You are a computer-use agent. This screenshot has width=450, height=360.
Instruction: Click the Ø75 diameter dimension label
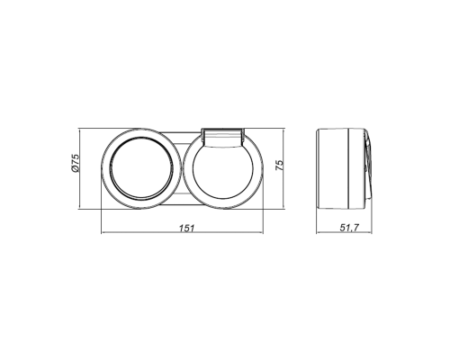pyautogui.click(x=75, y=163)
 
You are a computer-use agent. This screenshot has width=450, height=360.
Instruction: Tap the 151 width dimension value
pyautogui.click(x=186, y=229)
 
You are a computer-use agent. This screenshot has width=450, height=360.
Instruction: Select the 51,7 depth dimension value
pyautogui.click(x=349, y=228)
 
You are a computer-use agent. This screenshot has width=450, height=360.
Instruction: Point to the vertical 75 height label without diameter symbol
pyautogui.click(x=279, y=166)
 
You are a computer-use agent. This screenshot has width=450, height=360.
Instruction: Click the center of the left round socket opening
pyautogui.click(x=141, y=169)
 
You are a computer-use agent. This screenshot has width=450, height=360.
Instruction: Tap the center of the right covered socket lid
pyautogui.click(x=223, y=172)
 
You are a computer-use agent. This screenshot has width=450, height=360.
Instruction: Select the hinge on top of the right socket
pyautogui.click(x=222, y=137)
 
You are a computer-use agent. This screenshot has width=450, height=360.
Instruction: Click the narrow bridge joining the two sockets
pyautogui.click(x=181, y=169)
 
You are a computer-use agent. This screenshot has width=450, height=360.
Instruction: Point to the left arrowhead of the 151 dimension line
pyautogui.click(x=103, y=232)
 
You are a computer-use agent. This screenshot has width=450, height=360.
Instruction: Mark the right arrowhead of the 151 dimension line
pyautogui.click(x=261, y=232)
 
